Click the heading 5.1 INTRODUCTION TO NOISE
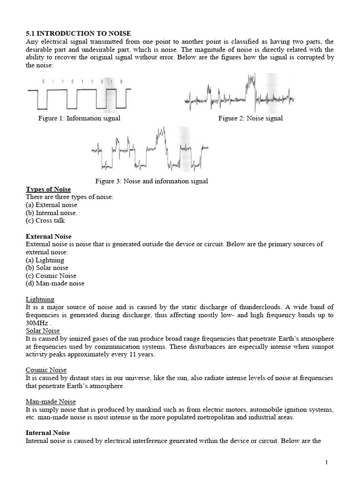pos(78,33)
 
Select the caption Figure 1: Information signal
pos(79,118)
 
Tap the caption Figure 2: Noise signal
pos(250,118)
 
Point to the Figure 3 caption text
pos(151,181)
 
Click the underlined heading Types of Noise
pos(48,189)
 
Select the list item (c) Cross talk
pos(45,220)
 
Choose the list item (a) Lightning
pos(45,260)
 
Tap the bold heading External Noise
pos(49,236)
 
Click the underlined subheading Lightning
pos(40,299)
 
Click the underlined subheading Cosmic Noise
pos(46,370)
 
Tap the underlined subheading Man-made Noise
pos(51,402)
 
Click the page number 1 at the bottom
pos(326,463)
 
